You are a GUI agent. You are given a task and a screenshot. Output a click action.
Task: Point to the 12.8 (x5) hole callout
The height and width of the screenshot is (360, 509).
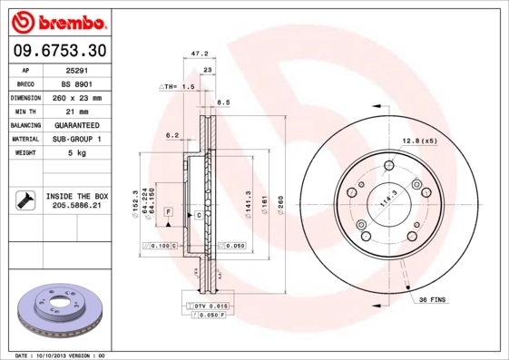coord(419,141)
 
